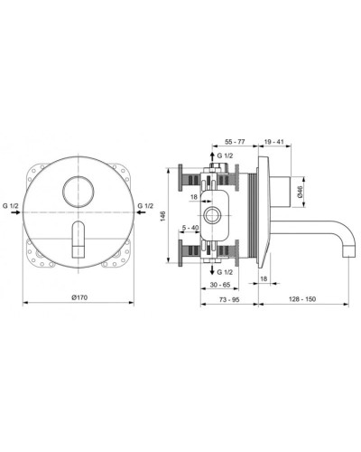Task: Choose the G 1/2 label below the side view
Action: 227,272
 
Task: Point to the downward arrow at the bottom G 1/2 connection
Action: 211,270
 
